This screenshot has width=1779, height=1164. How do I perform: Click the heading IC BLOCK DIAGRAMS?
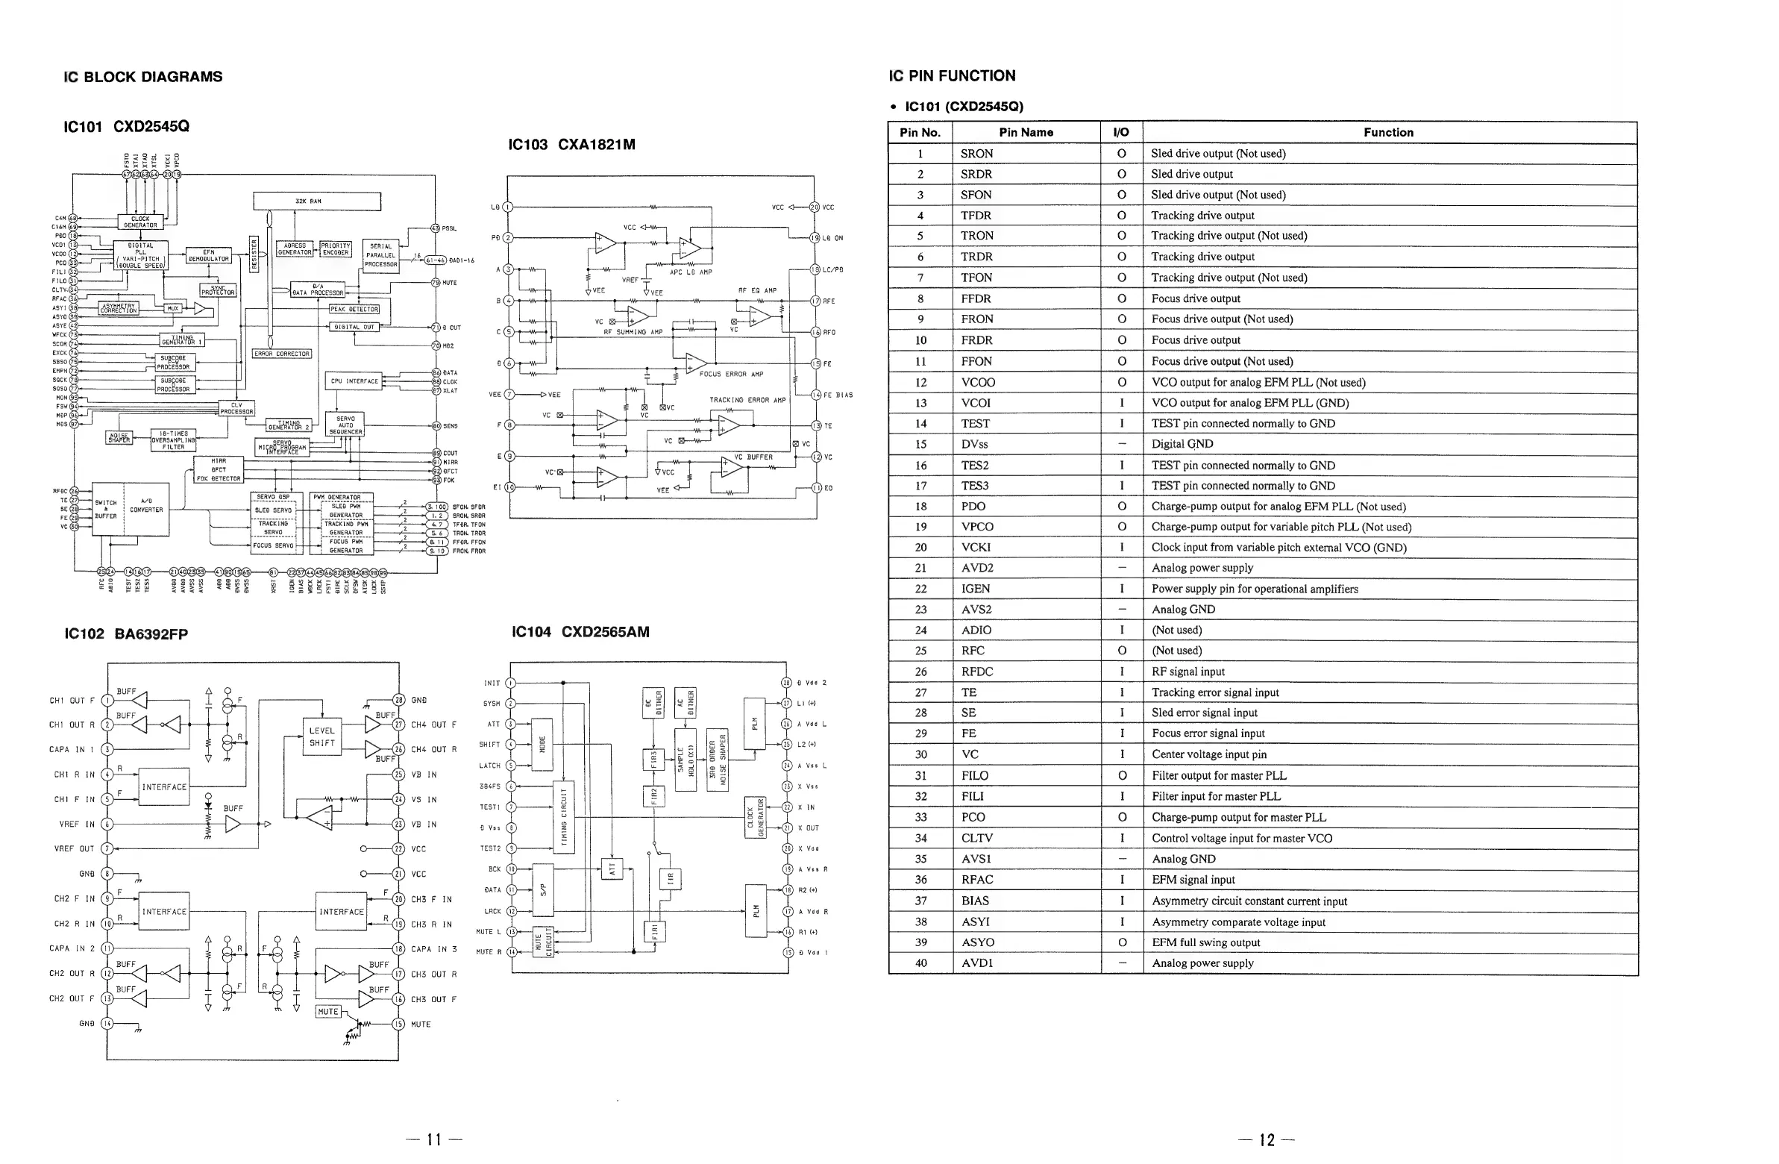[142, 77]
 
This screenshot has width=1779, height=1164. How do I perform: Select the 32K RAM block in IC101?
[316, 201]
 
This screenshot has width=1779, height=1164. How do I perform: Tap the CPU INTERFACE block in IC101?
[354, 381]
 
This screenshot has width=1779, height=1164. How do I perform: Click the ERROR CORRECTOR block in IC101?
[282, 354]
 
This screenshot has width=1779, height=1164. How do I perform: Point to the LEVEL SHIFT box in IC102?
[322, 737]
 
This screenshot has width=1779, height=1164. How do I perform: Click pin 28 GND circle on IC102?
[398, 700]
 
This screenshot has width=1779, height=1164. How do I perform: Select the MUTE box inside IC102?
[328, 1012]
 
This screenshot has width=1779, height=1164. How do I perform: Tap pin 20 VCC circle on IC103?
[814, 207]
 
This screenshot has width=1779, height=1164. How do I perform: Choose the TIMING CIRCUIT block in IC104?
[564, 818]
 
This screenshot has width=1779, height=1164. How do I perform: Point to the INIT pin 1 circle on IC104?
[510, 683]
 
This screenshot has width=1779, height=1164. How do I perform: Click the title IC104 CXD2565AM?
[580, 632]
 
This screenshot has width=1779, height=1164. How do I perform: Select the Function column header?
[1388, 132]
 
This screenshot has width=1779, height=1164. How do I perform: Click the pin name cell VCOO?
[978, 382]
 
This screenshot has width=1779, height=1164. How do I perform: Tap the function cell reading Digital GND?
[1182, 444]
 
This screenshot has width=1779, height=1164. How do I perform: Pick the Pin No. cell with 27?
[920, 692]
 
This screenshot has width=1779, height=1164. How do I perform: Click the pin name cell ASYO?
[977, 942]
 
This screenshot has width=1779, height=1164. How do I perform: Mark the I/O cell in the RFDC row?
[1121, 672]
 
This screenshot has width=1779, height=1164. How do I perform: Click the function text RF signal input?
[1187, 672]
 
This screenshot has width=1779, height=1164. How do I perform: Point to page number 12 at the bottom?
[1267, 1139]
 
